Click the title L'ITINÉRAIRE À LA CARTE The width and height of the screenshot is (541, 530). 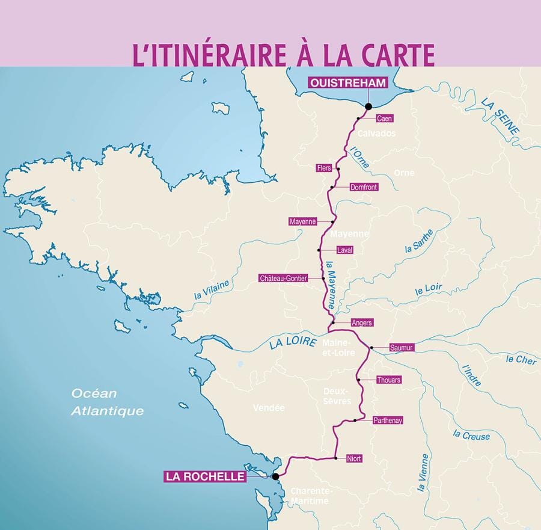coord(283,55)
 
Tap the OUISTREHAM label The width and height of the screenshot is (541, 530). coord(346,84)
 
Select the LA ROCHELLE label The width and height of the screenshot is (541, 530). coord(205,476)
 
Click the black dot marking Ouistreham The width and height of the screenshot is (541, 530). coord(368,106)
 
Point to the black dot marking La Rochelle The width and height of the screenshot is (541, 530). coord(275,476)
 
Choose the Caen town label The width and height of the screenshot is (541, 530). coord(384,119)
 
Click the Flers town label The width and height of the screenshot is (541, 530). coord(324,168)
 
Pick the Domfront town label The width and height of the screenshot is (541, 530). coord(364,187)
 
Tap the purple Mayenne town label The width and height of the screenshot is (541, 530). coord(302,221)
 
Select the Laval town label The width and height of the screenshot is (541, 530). coord(344,250)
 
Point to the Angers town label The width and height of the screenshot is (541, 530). coord(362,323)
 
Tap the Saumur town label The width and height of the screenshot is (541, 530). coord(402,348)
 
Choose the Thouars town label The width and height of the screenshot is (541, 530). coord(388,380)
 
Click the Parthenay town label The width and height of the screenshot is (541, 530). coord(388,420)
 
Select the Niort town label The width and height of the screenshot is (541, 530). coord(354,458)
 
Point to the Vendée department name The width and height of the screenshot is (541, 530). coord(268,408)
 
